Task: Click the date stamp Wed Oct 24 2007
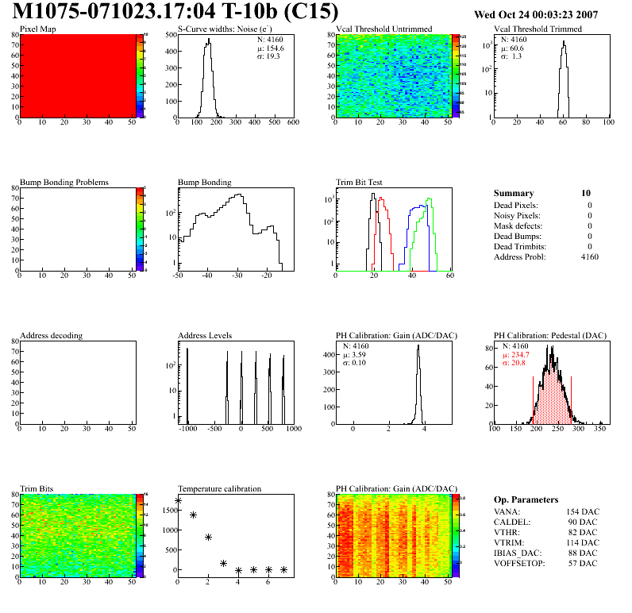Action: click(546, 14)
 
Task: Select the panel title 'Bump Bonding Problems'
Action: click(64, 182)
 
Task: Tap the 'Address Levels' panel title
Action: click(205, 336)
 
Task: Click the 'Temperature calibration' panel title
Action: click(220, 488)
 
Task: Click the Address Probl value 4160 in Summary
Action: click(590, 257)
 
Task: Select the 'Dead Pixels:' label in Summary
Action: click(516, 206)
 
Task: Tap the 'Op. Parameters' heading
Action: click(526, 499)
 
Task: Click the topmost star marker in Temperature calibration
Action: click(178, 501)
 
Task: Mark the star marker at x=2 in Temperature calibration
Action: click(208, 538)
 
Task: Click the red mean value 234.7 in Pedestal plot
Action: click(520, 355)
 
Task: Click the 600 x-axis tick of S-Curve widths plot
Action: click(292, 123)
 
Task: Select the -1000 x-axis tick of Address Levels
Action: click(188, 429)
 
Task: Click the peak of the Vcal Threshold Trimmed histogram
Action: click(564, 43)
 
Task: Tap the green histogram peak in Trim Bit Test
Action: click(429, 199)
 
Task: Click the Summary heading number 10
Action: click(585, 193)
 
